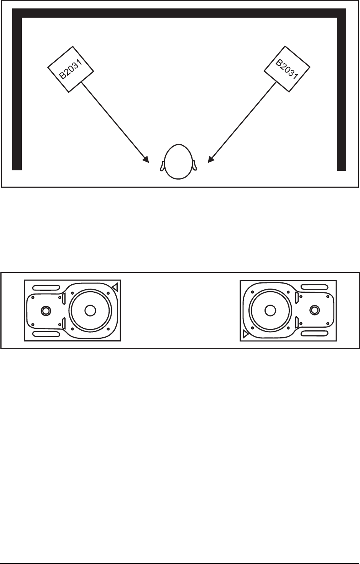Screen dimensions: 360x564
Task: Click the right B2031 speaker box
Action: click(288, 69)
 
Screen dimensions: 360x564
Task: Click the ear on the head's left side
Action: click(162, 165)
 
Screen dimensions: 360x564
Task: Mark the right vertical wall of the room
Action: click(341, 92)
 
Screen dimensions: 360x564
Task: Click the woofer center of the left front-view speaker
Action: click(90, 310)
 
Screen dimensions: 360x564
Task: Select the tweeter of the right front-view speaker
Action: click(314, 310)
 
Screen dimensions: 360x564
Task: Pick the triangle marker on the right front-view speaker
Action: click(245, 334)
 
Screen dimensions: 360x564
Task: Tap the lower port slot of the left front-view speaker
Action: click(46, 334)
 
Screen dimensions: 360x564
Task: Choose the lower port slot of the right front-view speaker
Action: click(314, 333)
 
